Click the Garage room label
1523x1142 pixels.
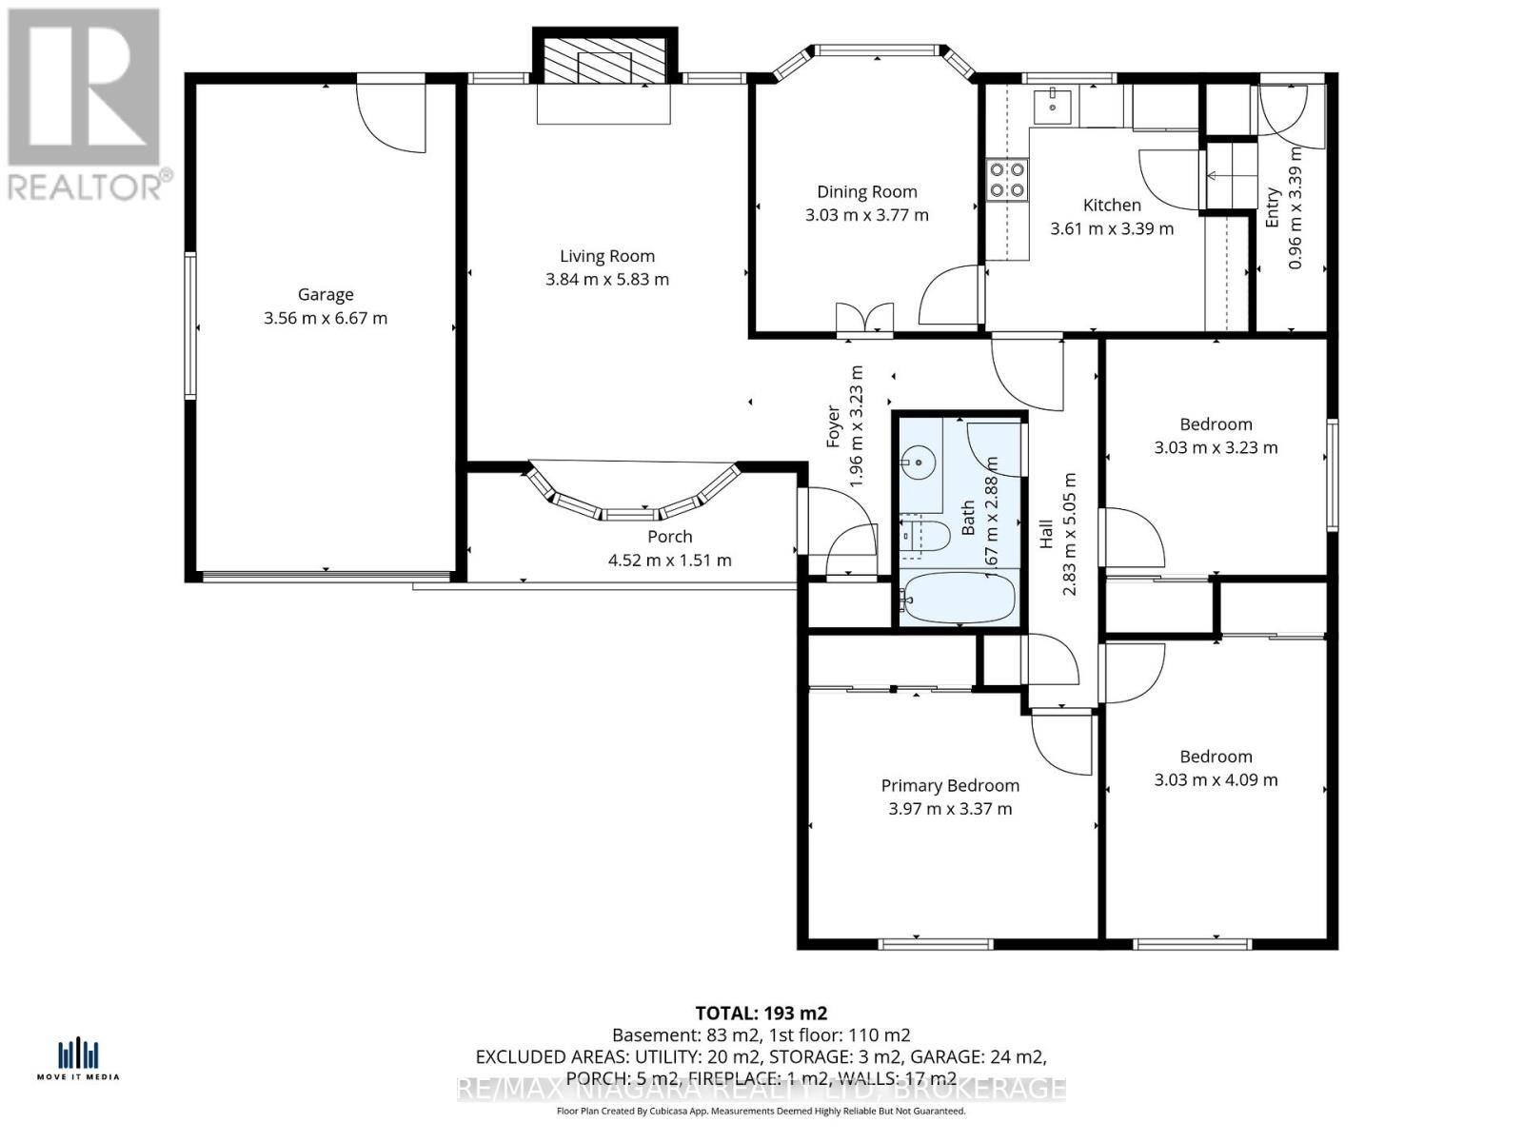point(326,295)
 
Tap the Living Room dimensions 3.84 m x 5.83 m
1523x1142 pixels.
point(606,280)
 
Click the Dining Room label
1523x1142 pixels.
point(866,192)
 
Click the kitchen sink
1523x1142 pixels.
point(1053,102)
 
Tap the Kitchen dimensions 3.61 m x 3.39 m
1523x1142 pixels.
point(1111,229)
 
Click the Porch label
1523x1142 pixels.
point(669,537)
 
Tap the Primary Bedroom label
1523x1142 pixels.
point(949,786)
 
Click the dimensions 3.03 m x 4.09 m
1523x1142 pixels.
point(1216,780)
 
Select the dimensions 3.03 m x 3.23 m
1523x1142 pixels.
point(1216,447)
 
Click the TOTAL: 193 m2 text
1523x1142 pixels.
point(761,1014)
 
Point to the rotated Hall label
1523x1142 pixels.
point(1046,532)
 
